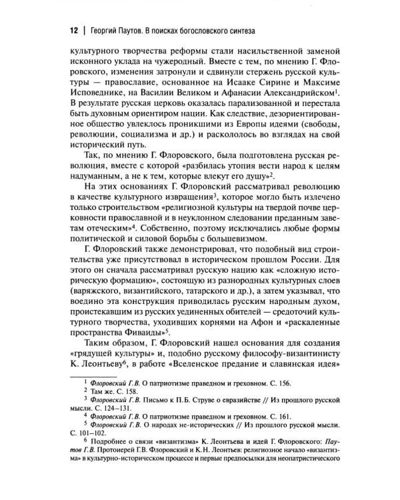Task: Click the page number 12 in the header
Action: pyautogui.click(x=57, y=31)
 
